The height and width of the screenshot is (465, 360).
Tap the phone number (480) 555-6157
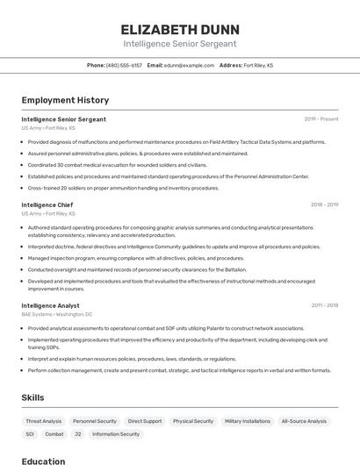coord(124,65)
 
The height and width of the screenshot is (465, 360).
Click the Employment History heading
coord(65,100)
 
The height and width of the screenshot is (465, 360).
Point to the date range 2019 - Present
coord(321,119)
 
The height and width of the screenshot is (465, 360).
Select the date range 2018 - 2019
coord(324,204)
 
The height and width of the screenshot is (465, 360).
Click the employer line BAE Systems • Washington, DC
coord(57,314)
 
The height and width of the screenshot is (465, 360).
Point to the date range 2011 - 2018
coord(324,305)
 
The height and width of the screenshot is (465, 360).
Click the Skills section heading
coord(33,397)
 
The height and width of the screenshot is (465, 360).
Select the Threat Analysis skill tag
coord(44,421)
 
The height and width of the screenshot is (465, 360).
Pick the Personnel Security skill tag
coord(95,421)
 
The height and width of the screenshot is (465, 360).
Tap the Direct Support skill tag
coord(145,421)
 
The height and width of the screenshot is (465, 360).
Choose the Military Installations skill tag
coord(248,421)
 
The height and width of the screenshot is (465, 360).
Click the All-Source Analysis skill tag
coord(304,421)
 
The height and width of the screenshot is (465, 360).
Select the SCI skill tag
coord(30,434)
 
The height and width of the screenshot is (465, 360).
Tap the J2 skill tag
coord(77,434)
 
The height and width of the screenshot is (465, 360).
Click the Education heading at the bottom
coord(43,461)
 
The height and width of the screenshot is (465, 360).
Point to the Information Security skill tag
coord(116,434)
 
